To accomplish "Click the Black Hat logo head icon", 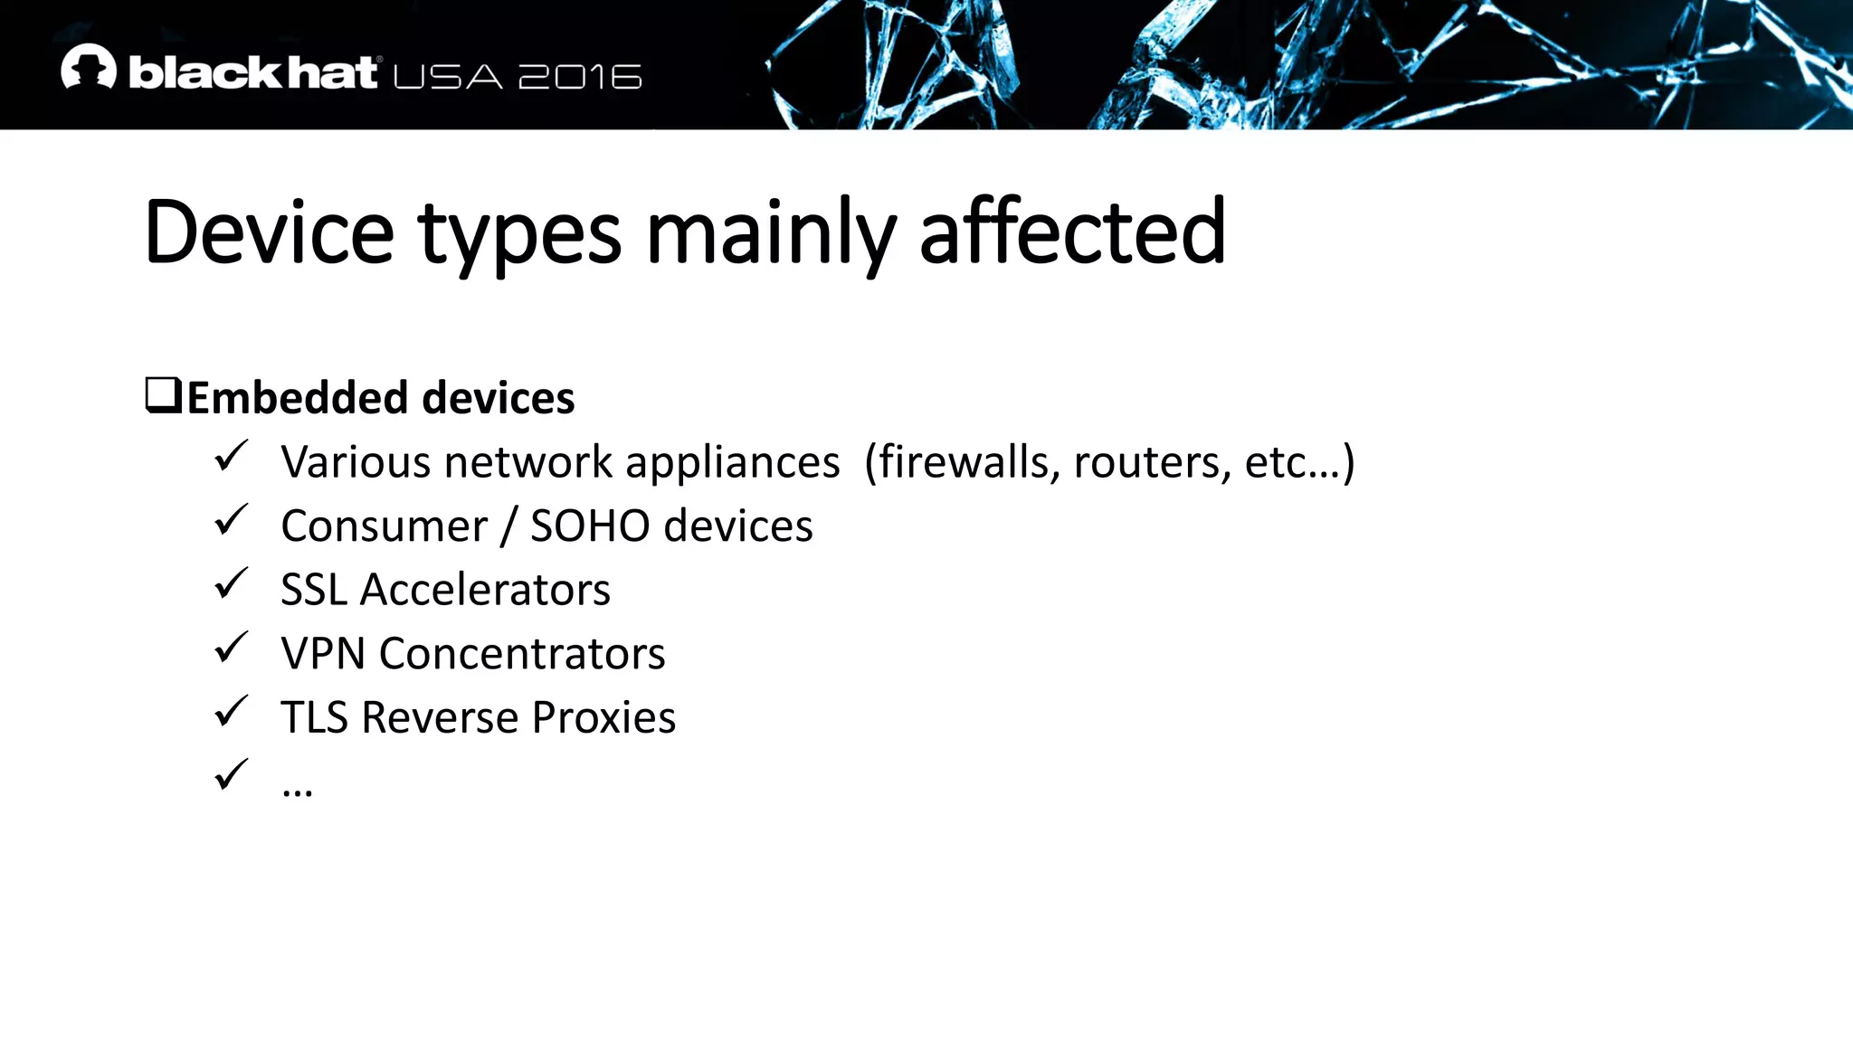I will [89, 67].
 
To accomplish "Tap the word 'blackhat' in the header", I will [252, 73].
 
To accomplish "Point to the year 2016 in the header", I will [580, 78].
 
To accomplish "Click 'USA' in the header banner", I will [448, 78].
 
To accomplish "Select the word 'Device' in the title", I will [269, 232].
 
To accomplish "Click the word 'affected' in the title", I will [1072, 232].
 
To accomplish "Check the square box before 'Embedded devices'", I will [163, 395].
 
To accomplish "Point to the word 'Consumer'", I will [384, 526].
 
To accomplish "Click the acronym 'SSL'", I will [313, 590].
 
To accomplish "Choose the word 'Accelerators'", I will [485, 590].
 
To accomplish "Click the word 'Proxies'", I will [603, 718].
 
